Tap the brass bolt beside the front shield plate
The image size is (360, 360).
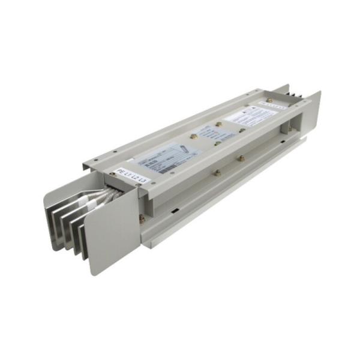click(142, 219)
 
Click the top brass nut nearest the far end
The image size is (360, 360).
click(269, 100)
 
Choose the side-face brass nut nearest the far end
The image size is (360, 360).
click(241, 158)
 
